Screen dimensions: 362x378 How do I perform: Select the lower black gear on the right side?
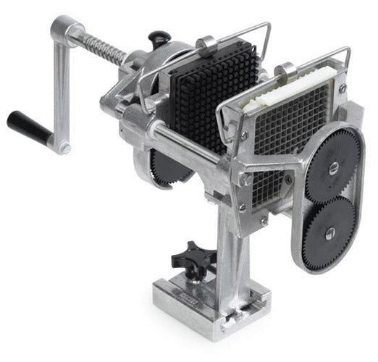tap(329, 231)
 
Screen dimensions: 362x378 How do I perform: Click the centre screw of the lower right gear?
tap(329, 232)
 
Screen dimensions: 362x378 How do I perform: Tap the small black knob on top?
tap(160, 37)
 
